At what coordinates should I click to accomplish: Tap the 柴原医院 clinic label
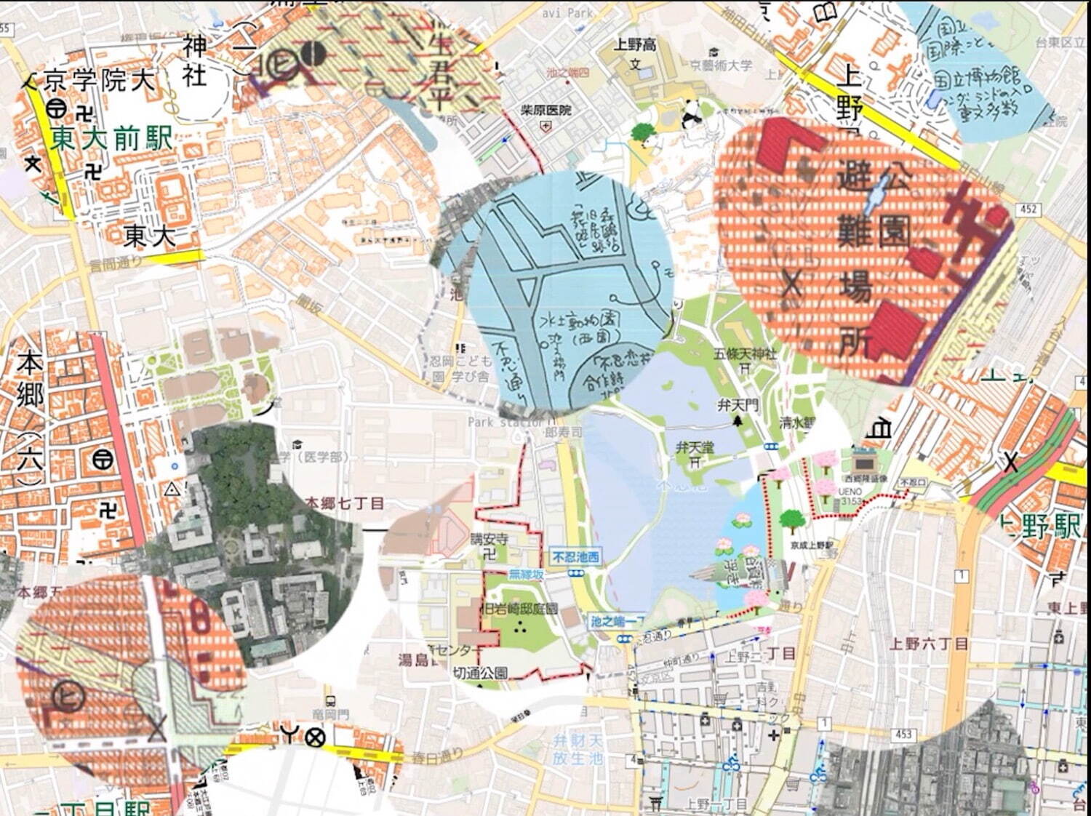point(545,111)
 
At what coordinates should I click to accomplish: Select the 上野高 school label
point(634,45)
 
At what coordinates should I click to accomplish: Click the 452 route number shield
point(1028,209)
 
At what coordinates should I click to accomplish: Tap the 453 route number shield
point(903,734)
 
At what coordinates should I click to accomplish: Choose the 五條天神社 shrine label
point(745,354)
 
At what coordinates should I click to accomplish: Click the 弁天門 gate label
point(738,404)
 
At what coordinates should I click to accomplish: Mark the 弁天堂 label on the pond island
point(695,447)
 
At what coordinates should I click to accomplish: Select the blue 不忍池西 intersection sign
point(576,557)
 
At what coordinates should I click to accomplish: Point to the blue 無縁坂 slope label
point(526,575)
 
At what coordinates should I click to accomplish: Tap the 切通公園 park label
point(480,673)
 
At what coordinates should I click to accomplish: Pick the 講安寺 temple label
point(489,540)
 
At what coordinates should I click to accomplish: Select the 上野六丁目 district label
point(929,644)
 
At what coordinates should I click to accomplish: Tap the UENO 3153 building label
point(850,496)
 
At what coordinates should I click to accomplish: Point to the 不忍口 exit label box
point(913,482)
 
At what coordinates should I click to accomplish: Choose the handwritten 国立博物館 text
point(978,76)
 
